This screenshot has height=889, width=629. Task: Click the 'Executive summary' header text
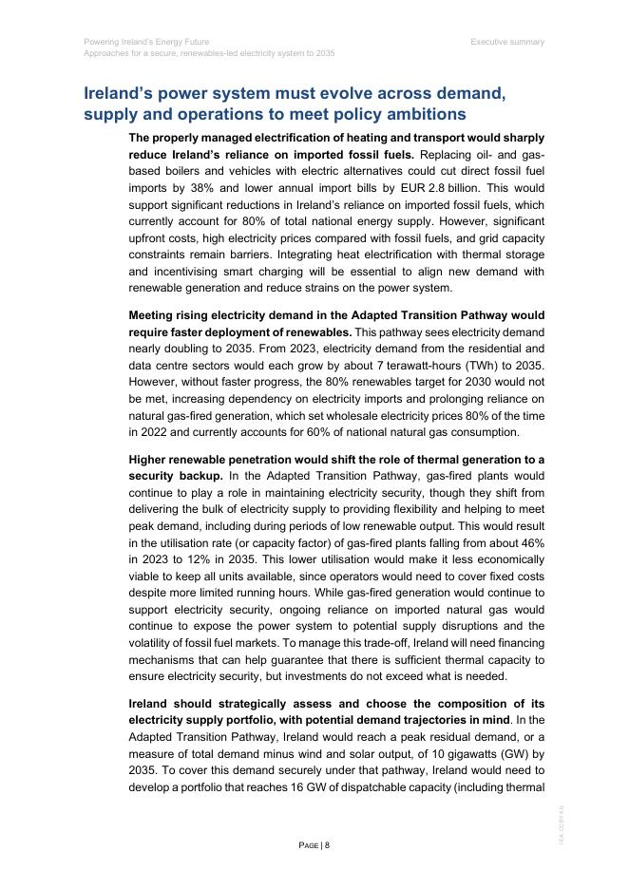coord(507,42)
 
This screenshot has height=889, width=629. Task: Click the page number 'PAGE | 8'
coord(314,844)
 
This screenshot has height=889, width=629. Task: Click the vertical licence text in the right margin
coord(562,821)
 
